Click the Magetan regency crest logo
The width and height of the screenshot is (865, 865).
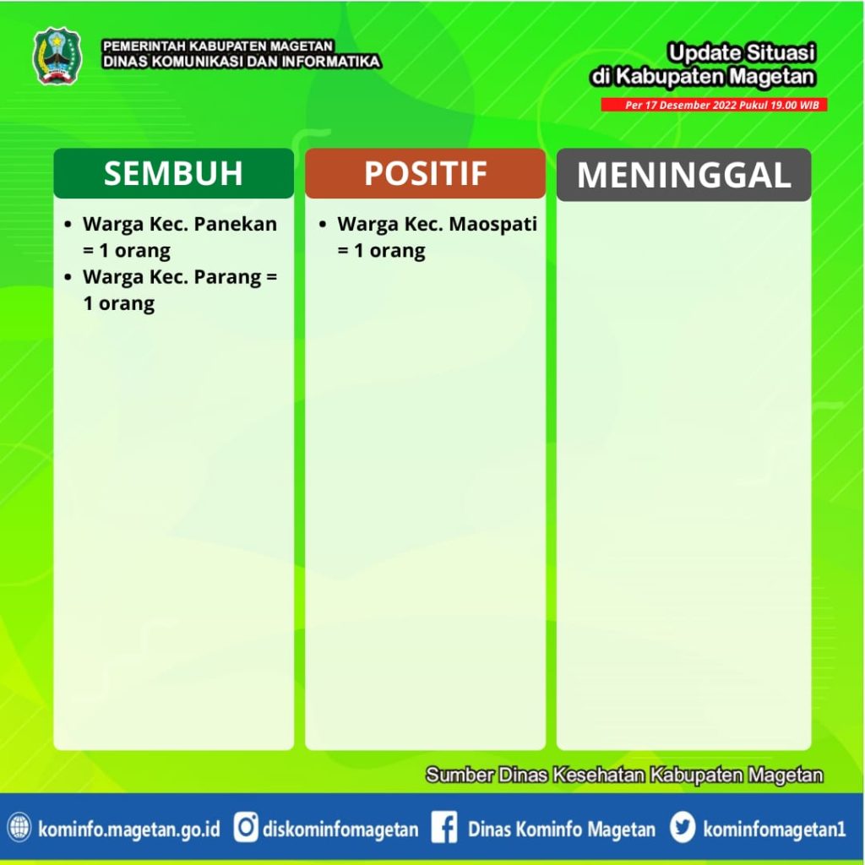pos(57,57)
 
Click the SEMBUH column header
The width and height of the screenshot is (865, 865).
pos(173,173)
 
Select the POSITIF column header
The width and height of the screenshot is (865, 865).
pos(426,173)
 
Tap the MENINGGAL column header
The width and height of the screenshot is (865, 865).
pos(684,175)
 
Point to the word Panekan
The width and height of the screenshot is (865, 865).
pos(236,224)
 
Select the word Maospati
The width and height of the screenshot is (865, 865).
pos(492,225)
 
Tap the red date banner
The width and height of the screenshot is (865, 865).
pos(715,105)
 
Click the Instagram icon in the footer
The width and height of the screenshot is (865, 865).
pos(246,828)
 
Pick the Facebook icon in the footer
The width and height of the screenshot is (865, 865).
pos(444,828)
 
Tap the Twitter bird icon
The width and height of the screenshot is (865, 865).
pos(683,828)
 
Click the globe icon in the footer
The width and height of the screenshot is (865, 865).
pos(19,828)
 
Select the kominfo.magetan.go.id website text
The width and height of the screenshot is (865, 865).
pos(129,830)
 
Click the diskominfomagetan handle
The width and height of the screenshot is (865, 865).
pos(340,830)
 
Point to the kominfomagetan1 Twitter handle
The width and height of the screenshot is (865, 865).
pos(774,830)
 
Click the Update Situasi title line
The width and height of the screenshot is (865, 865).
pos(742,53)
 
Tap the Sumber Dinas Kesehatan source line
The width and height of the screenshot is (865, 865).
pos(624,775)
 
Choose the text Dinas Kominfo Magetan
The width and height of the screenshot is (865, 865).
pos(562,830)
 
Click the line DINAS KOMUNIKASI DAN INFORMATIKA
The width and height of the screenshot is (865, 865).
pos(242,61)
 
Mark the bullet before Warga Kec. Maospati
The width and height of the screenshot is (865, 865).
pos(323,225)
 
